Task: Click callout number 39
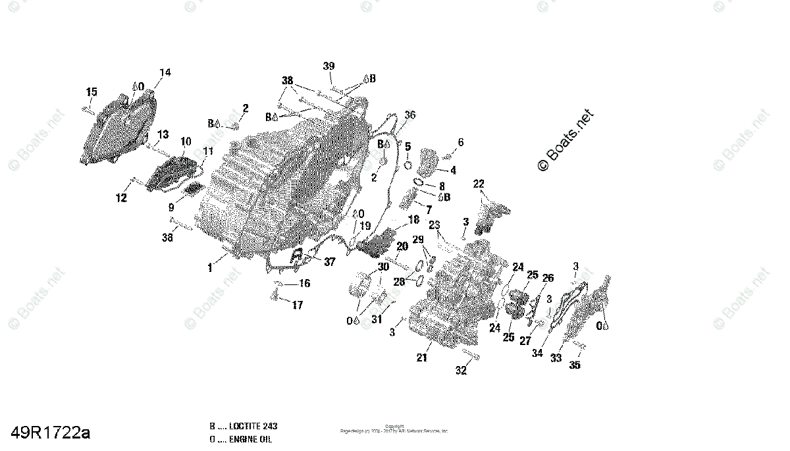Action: (x=329, y=66)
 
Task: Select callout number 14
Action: (x=165, y=72)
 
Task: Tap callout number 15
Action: (x=92, y=92)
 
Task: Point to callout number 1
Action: (x=210, y=268)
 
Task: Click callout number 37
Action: (x=329, y=262)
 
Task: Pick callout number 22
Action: (x=479, y=184)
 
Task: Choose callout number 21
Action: (x=421, y=358)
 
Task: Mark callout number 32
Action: (x=461, y=371)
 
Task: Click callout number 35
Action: (x=575, y=365)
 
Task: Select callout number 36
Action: (x=410, y=115)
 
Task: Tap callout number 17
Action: (x=298, y=305)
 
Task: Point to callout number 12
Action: (x=121, y=198)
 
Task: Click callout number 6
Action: (x=461, y=142)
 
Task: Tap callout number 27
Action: (x=525, y=341)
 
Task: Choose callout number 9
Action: (x=171, y=207)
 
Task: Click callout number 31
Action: (x=377, y=320)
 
